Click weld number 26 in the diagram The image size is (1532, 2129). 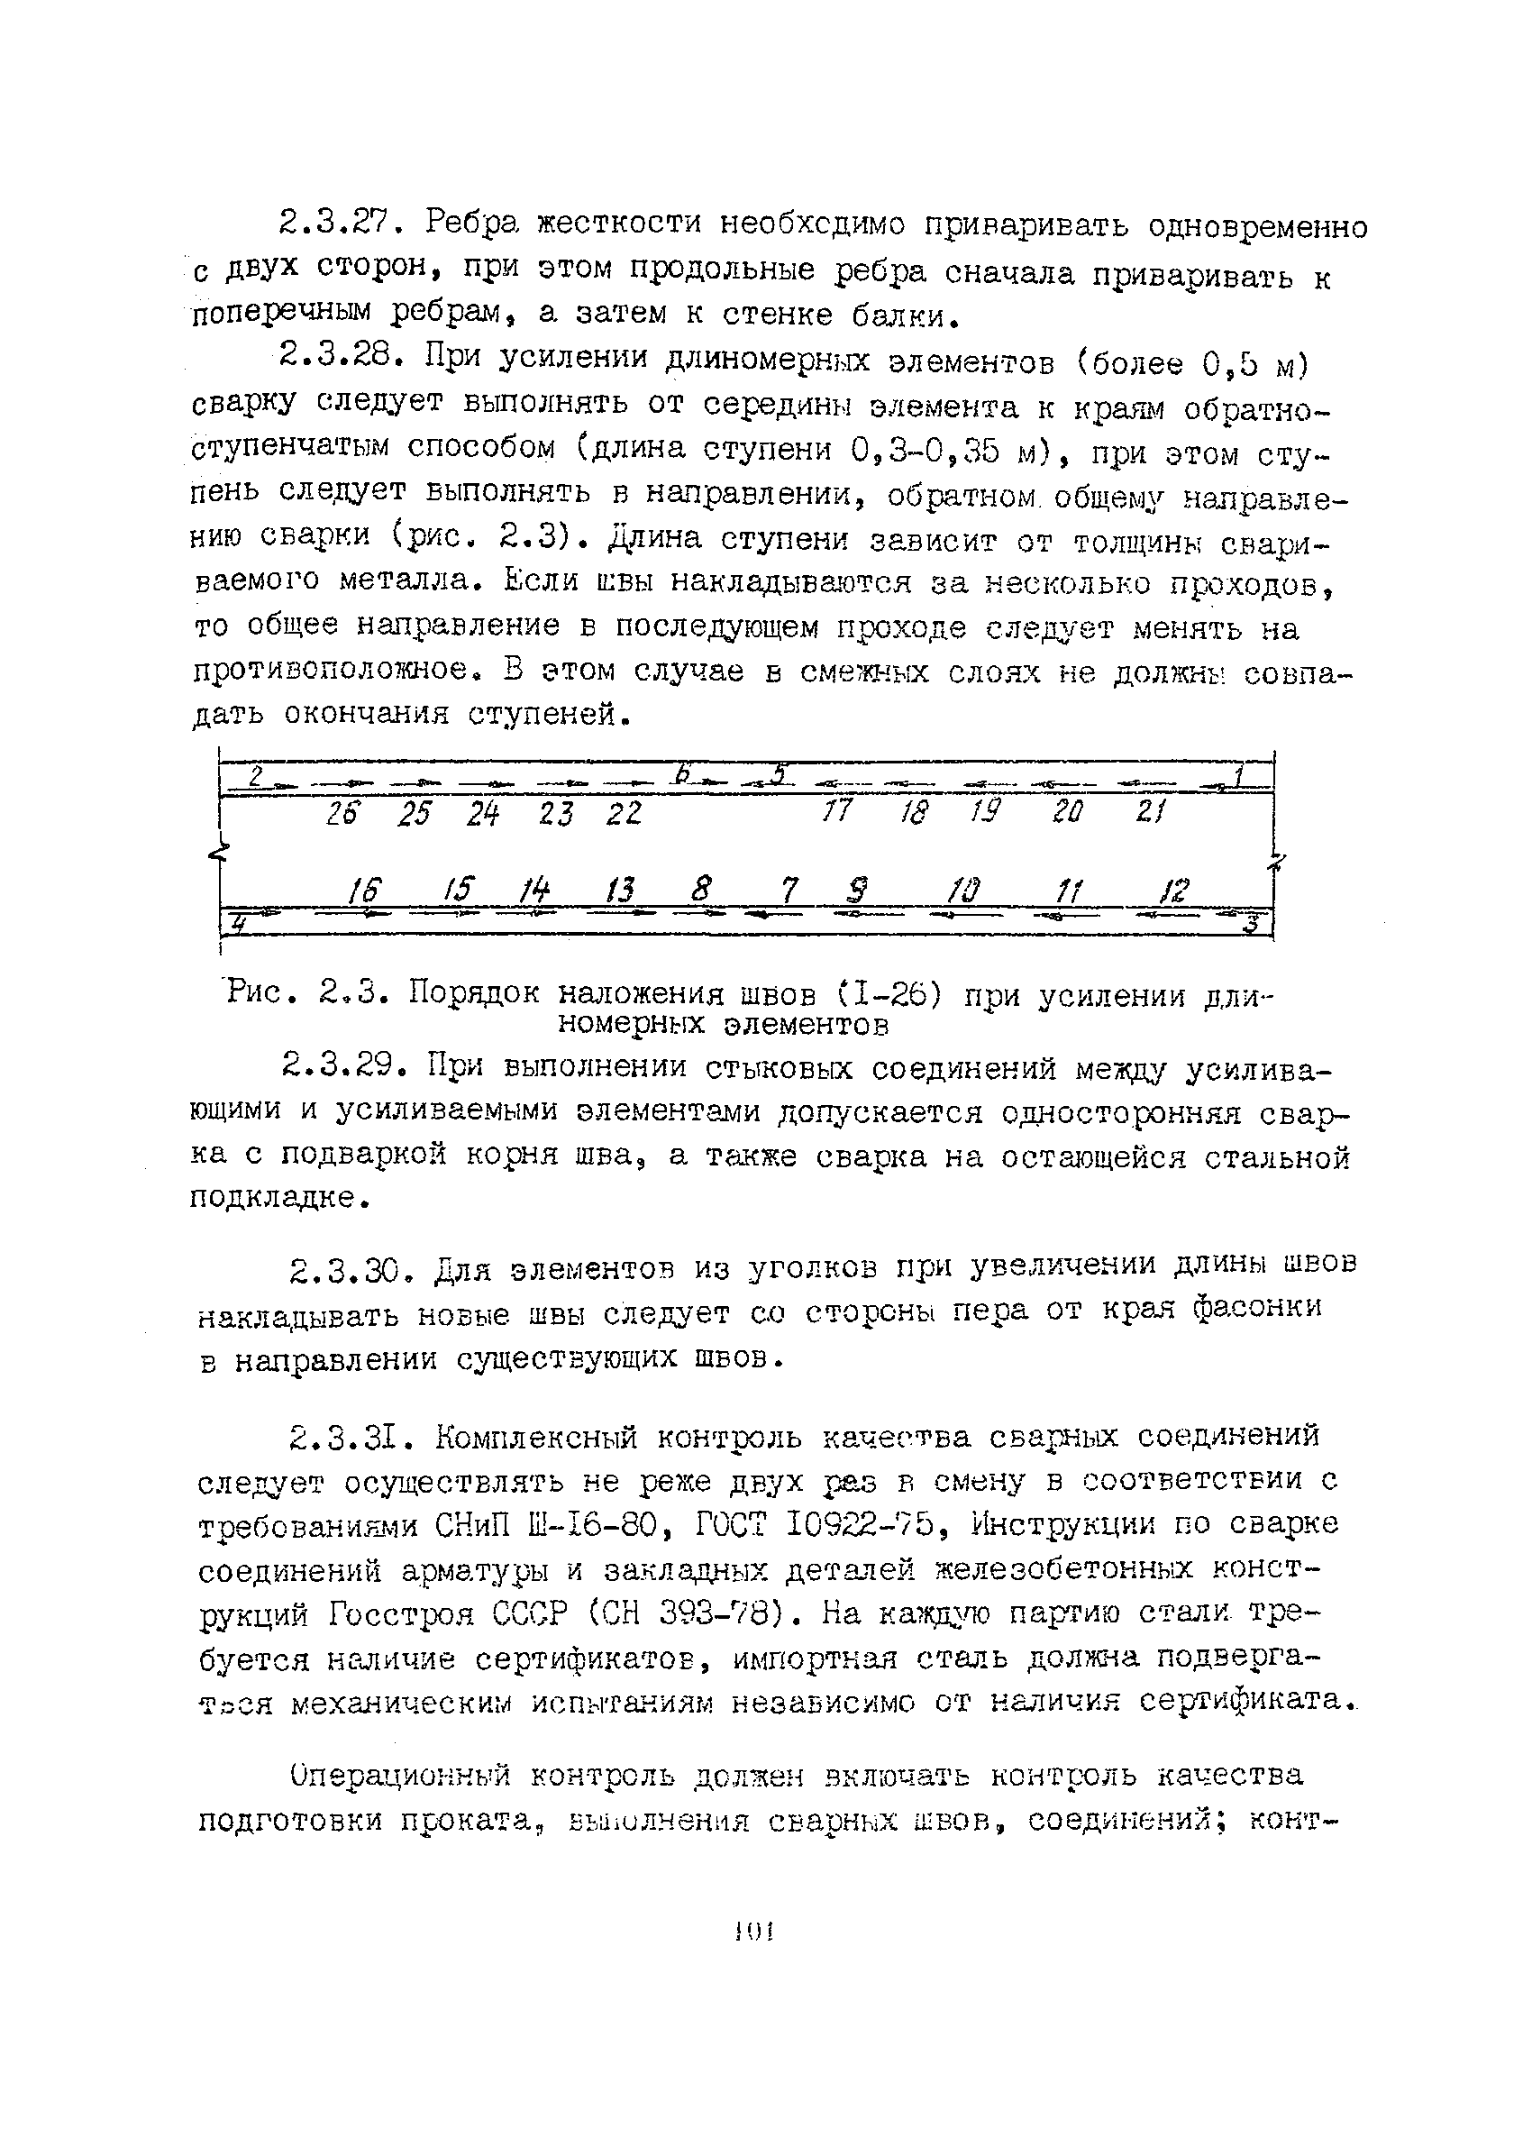pyautogui.click(x=342, y=813)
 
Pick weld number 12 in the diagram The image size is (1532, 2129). pyautogui.click(x=1175, y=889)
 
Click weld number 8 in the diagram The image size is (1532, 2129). pyautogui.click(x=700, y=888)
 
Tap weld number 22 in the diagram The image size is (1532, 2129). pyautogui.click(x=624, y=813)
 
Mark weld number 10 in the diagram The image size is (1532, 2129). pyautogui.click(x=963, y=889)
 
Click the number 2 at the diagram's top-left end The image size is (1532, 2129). pyautogui.click(x=255, y=775)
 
